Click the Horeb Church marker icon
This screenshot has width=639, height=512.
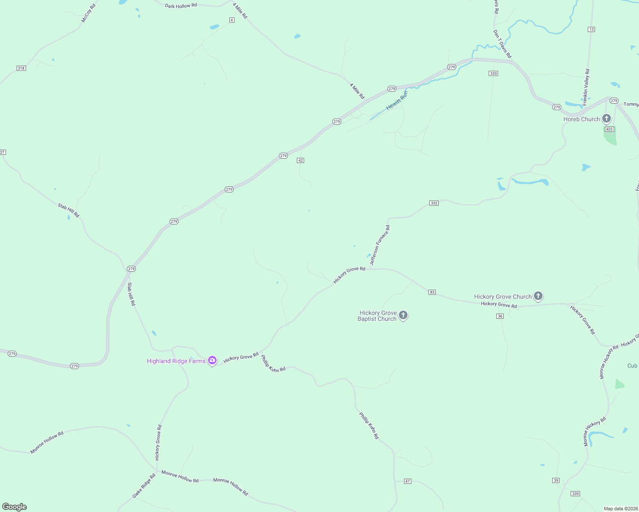(606, 118)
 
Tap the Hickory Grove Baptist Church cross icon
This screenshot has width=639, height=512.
(403, 315)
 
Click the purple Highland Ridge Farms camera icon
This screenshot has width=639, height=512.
(212, 361)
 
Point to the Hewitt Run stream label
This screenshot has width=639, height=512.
(397, 101)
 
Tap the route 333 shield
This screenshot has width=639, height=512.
(493, 73)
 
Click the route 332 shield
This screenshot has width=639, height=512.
(434, 203)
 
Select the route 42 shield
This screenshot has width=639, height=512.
(301, 160)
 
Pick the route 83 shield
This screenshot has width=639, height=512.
(432, 292)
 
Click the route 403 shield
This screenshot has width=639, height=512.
(609, 129)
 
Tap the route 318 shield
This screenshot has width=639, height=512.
(21, 68)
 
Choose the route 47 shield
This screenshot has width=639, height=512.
(407, 481)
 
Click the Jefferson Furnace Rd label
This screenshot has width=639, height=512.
(380, 245)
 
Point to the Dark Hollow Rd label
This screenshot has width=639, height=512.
(181, 6)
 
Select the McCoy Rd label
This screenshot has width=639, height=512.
(88, 13)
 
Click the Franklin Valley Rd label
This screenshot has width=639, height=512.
(586, 87)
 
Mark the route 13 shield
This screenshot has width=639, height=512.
(591, 29)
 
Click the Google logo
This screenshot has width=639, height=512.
(15, 507)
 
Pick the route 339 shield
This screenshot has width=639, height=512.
(575, 494)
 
